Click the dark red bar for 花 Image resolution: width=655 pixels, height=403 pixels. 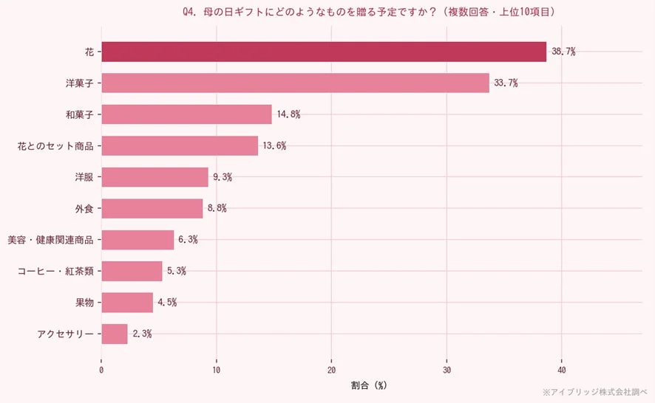point(323,52)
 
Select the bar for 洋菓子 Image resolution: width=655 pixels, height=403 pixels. point(295,83)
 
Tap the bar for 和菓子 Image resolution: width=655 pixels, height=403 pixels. point(186,114)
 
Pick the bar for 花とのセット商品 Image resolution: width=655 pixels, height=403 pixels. point(180,145)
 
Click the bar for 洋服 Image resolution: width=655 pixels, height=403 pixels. point(155,177)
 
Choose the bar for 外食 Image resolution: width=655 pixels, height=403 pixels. point(152,208)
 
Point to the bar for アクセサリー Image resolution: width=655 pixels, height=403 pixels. point(115,334)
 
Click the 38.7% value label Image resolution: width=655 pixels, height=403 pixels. point(563,52)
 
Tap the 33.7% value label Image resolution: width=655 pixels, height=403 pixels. point(506,83)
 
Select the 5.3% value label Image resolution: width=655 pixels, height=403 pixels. point(177,271)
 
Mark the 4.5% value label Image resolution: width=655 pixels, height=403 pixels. point(167,303)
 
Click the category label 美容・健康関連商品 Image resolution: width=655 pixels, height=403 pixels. point(50,240)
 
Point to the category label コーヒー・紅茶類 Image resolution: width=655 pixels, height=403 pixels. point(55,271)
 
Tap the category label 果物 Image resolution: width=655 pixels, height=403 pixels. point(84,303)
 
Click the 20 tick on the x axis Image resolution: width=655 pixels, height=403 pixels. point(332,370)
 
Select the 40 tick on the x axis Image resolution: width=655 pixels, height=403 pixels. point(562,370)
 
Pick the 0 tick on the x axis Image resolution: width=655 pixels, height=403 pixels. point(101,370)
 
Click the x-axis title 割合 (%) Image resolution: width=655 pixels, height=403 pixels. point(370,385)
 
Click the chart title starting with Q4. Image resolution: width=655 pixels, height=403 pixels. point(368,12)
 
